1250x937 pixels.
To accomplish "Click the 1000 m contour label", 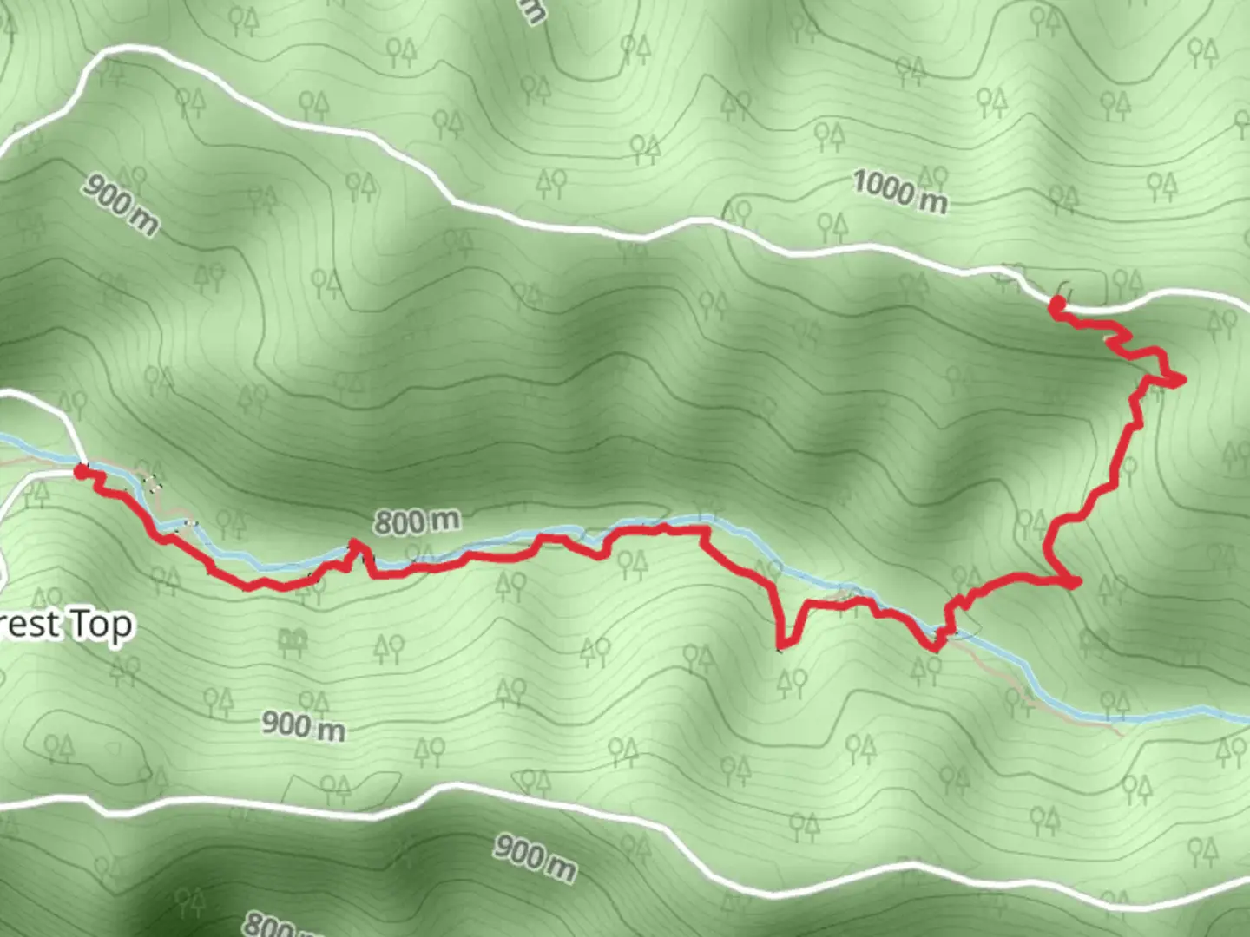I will [x=899, y=192].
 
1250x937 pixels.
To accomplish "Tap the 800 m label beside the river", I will [x=417, y=521].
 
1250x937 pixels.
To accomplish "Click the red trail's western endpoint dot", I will [x=81, y=471].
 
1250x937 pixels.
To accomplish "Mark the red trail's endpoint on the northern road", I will [x=1057, y=304].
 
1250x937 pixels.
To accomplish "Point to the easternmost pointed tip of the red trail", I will [x=1182, y=379].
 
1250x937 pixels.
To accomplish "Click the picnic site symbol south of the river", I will [x=293, y=643].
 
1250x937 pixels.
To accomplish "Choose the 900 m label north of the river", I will [x=121, y=203].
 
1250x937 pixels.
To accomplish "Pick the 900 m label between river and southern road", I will [x=303, y=725].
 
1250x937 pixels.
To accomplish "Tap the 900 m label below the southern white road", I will [x=535, y=857].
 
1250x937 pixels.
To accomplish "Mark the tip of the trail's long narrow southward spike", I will [x=780, y=647].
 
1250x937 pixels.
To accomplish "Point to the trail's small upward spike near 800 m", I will [x=354, y=544].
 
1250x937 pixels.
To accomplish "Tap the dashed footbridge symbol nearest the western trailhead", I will [x=152, y=482].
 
